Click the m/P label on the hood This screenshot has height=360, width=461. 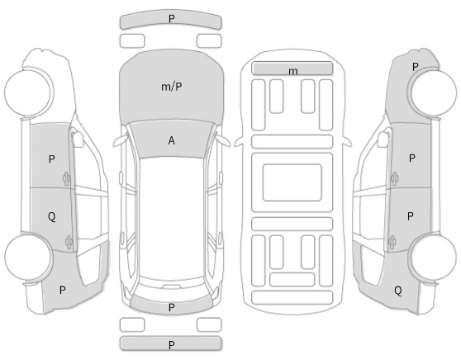click(172, 87)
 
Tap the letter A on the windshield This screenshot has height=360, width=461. click(171, 140)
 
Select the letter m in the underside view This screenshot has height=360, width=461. click(293, 71)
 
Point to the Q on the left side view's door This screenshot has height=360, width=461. click(51, 217)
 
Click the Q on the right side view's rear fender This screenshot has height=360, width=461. click(397, 291)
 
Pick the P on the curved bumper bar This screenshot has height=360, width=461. click(171, 19)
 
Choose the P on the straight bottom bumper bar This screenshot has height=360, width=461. click(171, 344)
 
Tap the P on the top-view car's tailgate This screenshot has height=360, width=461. click(171, 307)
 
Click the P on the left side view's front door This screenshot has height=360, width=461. click(51, 159)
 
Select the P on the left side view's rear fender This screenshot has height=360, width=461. click(62, 290)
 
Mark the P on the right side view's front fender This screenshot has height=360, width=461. click(415, 67)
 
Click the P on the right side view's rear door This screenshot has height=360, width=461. click(410, 216)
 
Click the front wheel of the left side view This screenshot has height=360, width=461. click(29, 92)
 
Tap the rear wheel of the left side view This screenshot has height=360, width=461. click(29, 256)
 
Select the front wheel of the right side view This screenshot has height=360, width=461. click(433, 92)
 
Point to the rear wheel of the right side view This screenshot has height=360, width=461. click(433, 256)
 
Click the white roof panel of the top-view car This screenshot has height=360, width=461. click(171, 219)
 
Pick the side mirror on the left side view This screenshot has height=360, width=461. click(77, 139)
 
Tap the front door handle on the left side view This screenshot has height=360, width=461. click(66, 178)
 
